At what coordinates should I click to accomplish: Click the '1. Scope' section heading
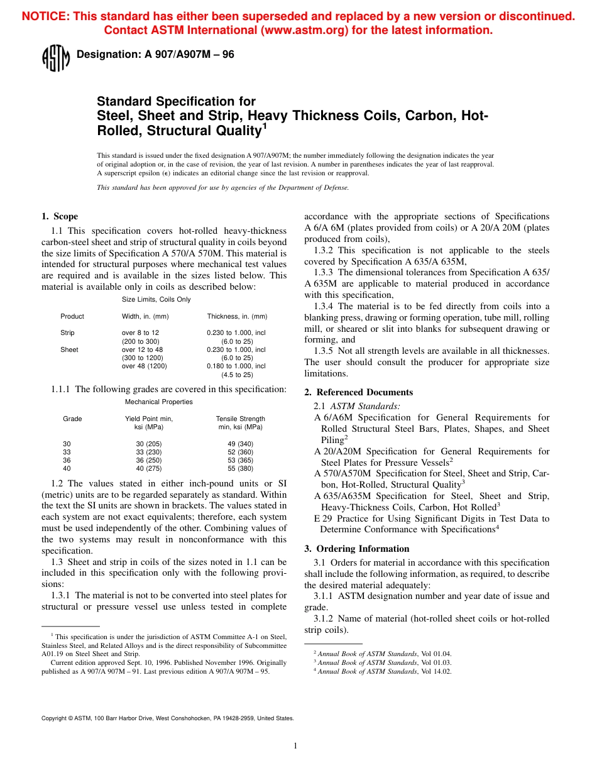point(60,216)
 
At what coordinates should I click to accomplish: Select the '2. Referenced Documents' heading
point(358,392)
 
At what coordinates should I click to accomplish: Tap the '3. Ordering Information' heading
point(356,549)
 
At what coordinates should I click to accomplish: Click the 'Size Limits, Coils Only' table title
point(156,300)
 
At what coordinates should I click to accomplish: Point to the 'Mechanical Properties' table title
point(159,402)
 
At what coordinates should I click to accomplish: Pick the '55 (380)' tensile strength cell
point(240,468)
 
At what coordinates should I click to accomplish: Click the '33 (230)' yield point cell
point(149,452)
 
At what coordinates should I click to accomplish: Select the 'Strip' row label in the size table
point(67,332)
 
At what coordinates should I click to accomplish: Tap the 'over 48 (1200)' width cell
point(144,366)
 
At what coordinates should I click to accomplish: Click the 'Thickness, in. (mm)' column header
point(237,316)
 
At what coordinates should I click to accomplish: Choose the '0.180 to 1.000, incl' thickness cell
point(236,366)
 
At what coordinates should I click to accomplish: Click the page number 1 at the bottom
point(295,746)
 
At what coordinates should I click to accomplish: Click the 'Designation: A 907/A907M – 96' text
point(155,55)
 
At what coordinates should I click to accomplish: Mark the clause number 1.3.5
point(324,351)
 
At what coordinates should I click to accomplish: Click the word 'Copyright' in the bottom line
point(53,718)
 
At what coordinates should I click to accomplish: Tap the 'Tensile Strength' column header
point(240,419)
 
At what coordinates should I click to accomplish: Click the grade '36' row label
point(67,460)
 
